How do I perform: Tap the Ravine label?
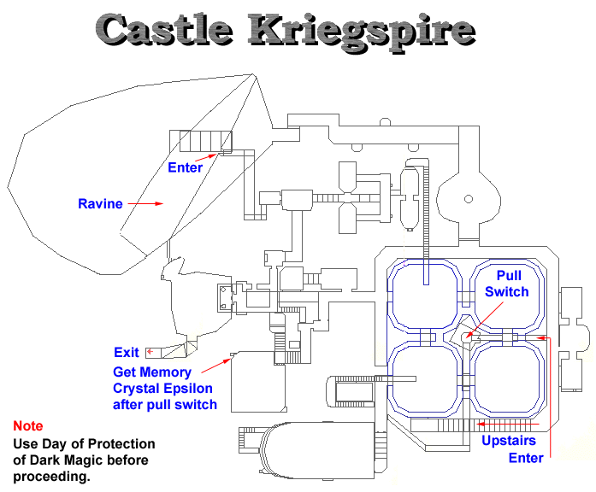100,204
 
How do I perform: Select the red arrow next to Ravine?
148,204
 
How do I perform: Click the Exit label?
126,352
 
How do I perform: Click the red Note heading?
27,425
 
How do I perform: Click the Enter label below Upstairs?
526,458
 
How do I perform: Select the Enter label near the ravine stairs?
185,167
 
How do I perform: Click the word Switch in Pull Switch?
507,291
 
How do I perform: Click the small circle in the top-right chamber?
468,199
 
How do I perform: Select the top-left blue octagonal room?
423,295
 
